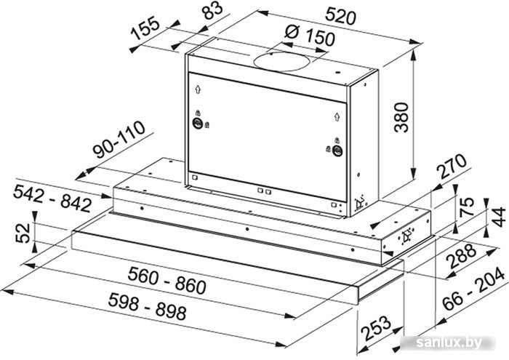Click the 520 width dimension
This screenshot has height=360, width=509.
point(340,16)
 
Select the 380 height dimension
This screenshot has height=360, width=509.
point(401,117)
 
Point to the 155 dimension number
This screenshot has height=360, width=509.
point(145,29)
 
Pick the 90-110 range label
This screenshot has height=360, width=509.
point(119,139)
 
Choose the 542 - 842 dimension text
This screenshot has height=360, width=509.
point(52,198)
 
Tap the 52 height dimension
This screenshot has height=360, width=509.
point(23,233)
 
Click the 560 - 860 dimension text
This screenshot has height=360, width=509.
point(167,280)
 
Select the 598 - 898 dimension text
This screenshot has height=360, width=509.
point(148,305)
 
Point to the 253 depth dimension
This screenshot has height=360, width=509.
point(376,328)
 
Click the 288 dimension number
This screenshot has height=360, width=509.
point(461,256)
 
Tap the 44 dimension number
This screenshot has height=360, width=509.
point(498,217)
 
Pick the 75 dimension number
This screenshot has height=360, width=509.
point(467,207)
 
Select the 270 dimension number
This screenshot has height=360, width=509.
point(452,167)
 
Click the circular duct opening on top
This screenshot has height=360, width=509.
point(282,61)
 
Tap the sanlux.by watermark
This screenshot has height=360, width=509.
point(449,342)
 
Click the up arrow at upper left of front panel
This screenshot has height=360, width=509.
point(198,89)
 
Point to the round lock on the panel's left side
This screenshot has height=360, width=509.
point(197,123)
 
